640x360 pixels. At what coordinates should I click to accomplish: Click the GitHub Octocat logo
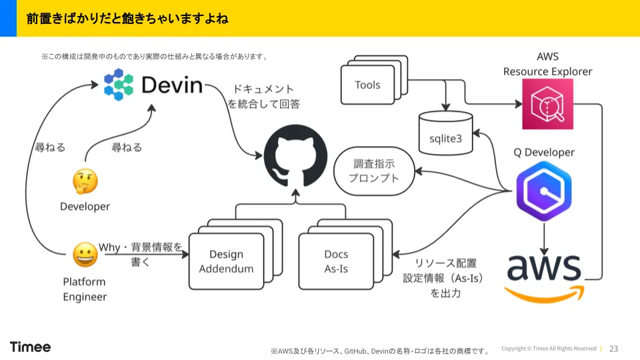pyautogui.click(x=295, y=156)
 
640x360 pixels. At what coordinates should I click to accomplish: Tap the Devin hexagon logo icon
pyautogui.click(x=119, y=85)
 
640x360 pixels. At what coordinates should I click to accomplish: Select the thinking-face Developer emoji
pyautogui.click(x=85, y=181)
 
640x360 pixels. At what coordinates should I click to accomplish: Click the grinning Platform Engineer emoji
pyautogui.click(x=85, y=255)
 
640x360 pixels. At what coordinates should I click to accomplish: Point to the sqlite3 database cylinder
pyautogui.click(x=446, y=133)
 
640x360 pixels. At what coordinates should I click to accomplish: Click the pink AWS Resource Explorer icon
pyautogui.click(x=548, y=104)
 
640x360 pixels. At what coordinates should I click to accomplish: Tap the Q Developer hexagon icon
pyautogui.click(x=544, y=191)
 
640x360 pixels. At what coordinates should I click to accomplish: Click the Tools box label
pyautogui.click(x=367, y=85)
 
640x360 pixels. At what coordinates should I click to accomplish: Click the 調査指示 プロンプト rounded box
pyautogui.click(x=374, y=171)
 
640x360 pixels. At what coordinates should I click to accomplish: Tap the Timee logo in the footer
pyautogui.click(x=30, y=347)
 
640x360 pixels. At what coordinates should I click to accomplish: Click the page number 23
pyautogui.click(x=613, y=349)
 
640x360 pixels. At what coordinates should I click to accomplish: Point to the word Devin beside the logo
pyautogui.click(x=172, y=85)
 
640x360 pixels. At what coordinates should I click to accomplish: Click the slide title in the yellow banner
pyautogui.click(x=127, y=19)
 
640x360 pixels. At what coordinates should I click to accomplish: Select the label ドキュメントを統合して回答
pyautogui.click(x=264, y=96)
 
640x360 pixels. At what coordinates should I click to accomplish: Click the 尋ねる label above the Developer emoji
pyautogui.click(x=127, y=147)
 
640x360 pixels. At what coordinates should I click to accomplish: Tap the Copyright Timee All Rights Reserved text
pyautogui.click(x=549, y=349)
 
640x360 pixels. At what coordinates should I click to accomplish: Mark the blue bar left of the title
pyautogui.click(x=8, y=18)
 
